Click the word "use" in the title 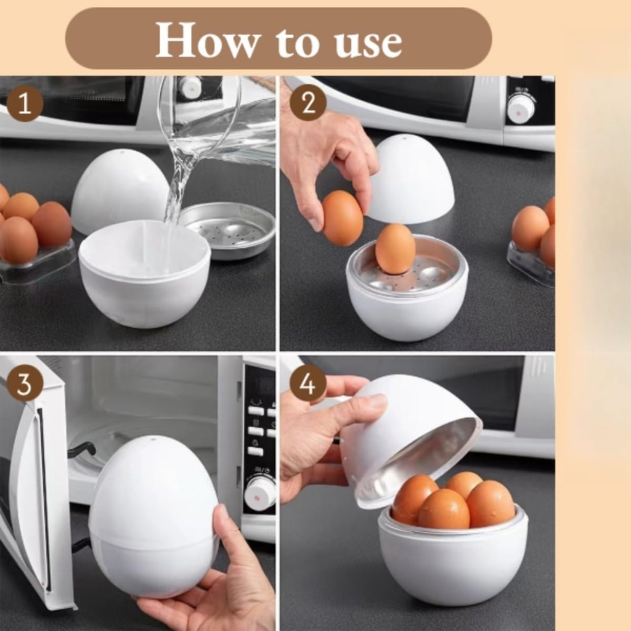369,42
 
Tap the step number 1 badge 25,104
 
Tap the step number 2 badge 307,102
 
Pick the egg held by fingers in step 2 342,218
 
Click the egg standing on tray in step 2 395,248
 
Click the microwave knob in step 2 521,108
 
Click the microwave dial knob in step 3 259,493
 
